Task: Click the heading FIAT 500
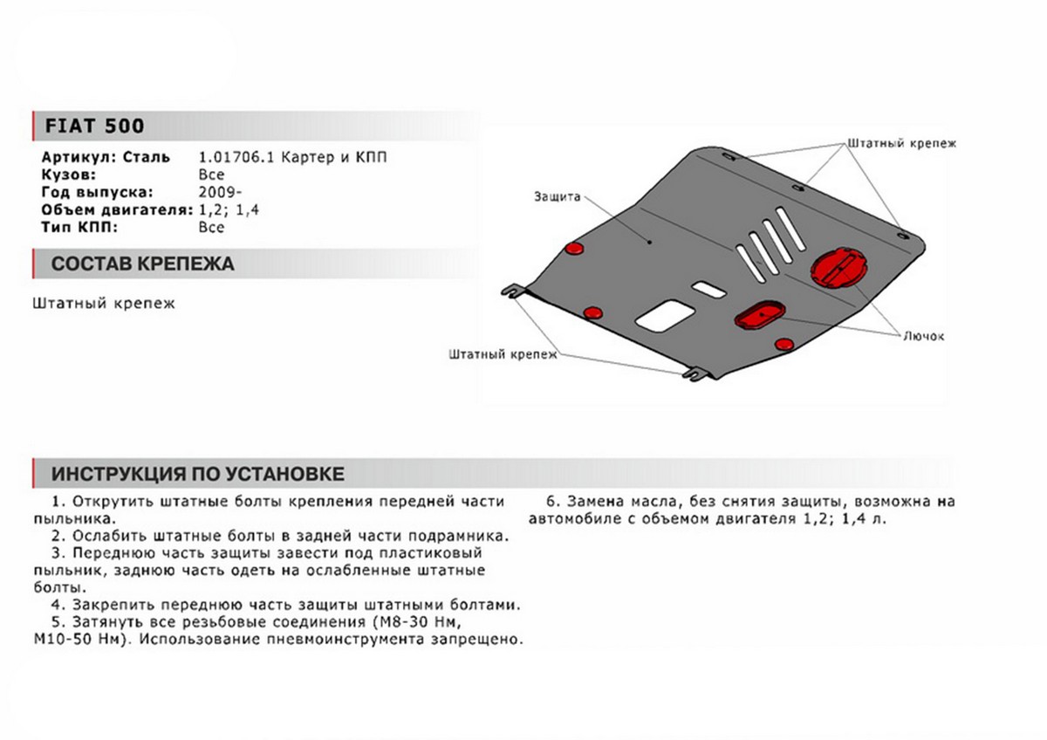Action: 84,126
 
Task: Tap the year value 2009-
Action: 216,193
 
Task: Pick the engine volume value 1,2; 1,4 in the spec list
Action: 230,210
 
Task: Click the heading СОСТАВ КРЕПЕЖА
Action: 141,264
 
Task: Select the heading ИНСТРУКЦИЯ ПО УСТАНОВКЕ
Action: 197,474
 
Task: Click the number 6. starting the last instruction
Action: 551,502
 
